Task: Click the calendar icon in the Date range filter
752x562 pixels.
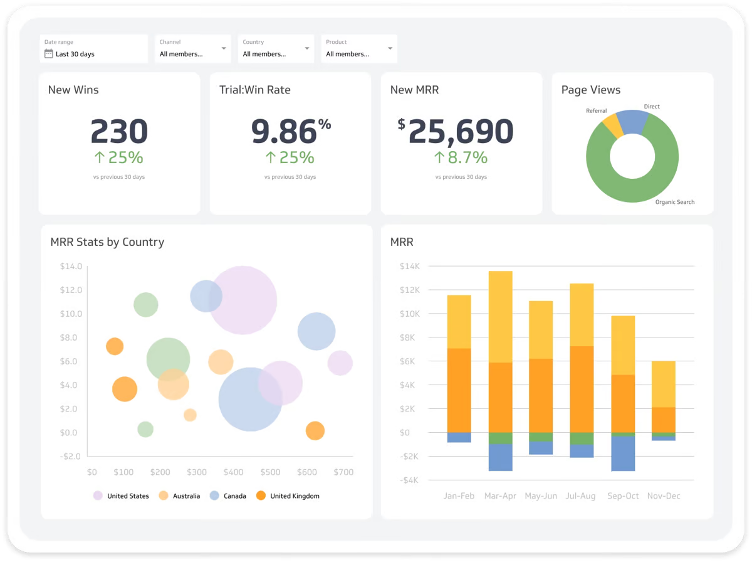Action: click(48, 54)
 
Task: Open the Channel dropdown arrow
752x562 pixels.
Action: click(224, 48)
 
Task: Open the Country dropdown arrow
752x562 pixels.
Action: click(307, 48)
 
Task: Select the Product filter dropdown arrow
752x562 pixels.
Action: click(390, 48)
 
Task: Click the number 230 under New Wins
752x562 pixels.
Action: click(119, 132)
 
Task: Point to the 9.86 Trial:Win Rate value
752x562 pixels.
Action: click(284, 132)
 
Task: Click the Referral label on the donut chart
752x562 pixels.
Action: click(596, 111)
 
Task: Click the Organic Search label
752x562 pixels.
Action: click(674, 202)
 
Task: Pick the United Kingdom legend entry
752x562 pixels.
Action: click(295, 496)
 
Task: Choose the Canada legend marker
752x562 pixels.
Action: click(214, 496)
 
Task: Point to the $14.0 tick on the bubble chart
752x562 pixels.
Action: click(71, 267)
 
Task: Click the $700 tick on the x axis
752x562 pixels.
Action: click(343, 472)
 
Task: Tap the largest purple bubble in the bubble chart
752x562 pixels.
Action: click(243, 300)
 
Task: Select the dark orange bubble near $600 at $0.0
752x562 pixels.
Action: click(315, 431)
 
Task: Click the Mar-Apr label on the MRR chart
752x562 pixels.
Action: click(500, 496)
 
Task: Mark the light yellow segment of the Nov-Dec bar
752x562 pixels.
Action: click(663, 384)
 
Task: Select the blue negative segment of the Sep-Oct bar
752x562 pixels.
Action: click(623, 453)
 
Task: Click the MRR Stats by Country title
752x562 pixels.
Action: click(107, 242)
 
